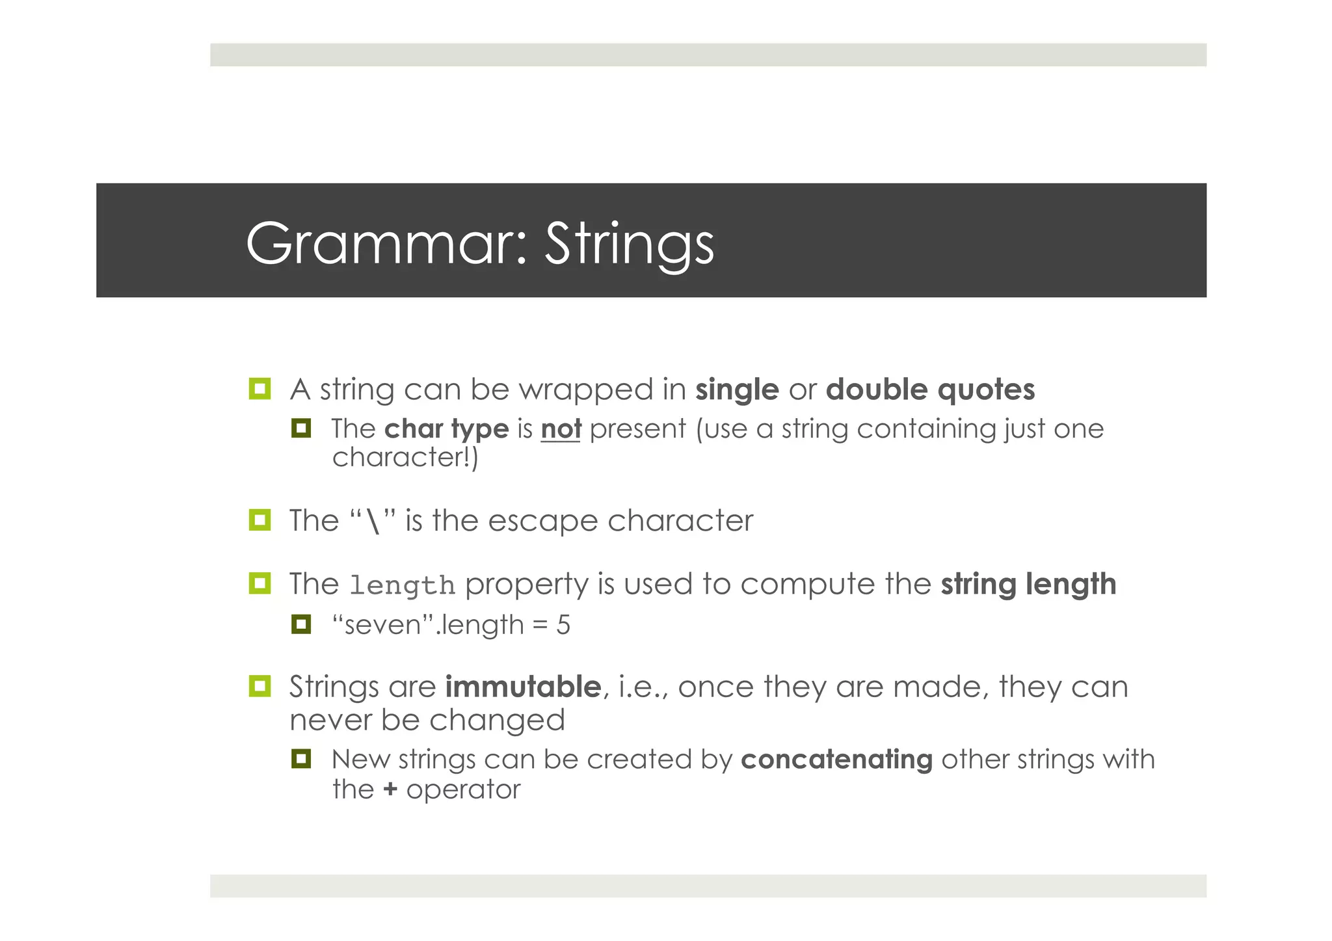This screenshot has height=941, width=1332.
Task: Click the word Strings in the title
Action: [629, 244]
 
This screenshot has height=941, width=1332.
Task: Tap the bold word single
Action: [737, 390]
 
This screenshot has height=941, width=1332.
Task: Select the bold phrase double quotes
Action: [930, 390]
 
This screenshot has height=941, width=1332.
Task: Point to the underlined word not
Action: [561, 429]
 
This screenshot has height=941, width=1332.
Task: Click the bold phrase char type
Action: [446, 429]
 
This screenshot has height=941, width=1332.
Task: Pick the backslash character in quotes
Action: [373, 522]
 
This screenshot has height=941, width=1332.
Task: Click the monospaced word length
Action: [402, 585]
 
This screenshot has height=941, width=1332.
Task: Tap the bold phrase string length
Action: [1028, 584]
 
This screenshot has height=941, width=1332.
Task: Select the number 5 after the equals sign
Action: [563, 626]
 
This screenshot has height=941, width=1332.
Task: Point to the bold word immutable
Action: [523, 687]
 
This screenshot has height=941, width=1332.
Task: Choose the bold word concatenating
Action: [836, 760]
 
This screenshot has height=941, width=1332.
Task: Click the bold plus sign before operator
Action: [390, 789]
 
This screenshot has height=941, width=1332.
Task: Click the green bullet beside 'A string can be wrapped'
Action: [260, 389]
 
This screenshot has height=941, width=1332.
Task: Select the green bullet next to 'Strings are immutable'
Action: [260, 686]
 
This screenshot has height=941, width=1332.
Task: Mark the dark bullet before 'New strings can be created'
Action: [301, 758]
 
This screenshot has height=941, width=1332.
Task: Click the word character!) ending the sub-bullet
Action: [405, 457]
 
